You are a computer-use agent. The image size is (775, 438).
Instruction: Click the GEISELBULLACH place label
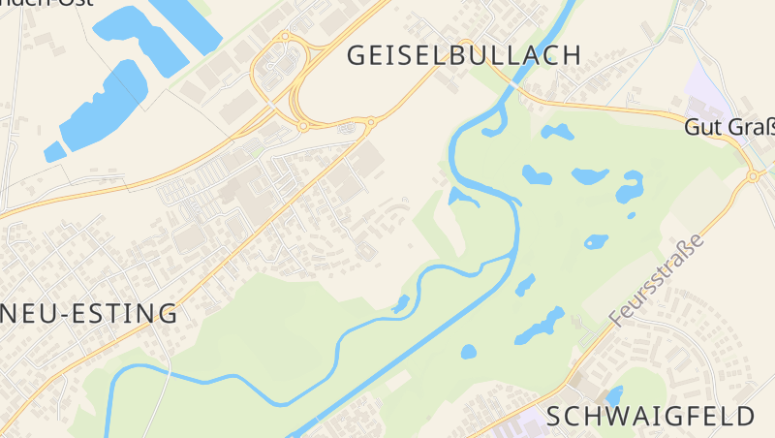click(464, 55)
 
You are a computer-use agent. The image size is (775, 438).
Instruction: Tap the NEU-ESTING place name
click(89, 314)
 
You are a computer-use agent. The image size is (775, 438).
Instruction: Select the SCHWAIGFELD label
click(650, 417)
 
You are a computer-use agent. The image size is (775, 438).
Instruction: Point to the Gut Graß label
click(728, 127)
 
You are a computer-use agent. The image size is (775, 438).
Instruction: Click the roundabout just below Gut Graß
click(753, 176)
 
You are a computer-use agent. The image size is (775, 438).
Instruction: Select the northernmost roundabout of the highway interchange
click(285, 37)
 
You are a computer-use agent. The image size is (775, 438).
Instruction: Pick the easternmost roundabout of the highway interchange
click(370, 122)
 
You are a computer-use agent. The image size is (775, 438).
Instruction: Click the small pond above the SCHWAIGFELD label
click(613, 395)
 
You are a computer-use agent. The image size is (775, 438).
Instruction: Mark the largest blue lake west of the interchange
click(105, 102)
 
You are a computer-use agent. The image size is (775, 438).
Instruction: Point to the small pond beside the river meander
click(401, 304)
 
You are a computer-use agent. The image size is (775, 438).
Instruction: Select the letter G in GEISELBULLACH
click(357, 55)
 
